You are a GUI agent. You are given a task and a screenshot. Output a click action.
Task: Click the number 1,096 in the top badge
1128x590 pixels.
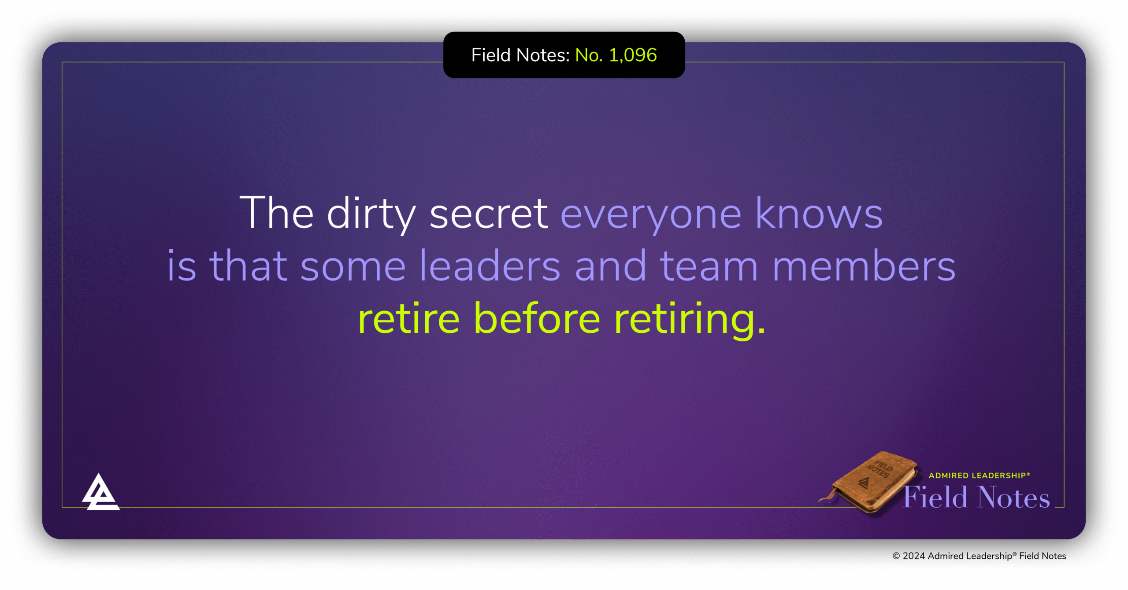(633, 55)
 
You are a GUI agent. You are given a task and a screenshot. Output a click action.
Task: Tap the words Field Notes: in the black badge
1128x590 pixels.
(520, 55)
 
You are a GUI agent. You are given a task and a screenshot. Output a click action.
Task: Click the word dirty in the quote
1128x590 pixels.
(371, 214)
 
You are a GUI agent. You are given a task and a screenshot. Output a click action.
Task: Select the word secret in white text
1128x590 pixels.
(488, 214)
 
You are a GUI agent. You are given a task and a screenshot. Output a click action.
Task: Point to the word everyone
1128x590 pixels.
(651, 214)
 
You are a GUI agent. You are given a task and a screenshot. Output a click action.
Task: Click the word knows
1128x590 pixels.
(819, 214)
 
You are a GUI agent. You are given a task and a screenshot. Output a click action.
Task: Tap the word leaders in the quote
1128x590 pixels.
(490, 266)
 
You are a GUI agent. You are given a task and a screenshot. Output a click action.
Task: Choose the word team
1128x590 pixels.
(709, 266)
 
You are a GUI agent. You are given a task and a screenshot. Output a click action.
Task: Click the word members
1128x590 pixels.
(864, 266)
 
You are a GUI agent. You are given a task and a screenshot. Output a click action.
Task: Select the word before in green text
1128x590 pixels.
(537, 319)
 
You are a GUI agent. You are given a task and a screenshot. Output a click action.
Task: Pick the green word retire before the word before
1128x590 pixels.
(408, 319)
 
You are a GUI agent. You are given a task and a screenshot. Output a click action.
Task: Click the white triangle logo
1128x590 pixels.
(100, 493)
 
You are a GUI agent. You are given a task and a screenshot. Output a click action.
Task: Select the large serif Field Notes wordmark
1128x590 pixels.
(976, 498)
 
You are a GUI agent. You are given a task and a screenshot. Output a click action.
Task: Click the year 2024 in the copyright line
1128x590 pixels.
(913, 556)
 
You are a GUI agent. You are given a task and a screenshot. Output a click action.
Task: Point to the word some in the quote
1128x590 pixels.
(352, 266)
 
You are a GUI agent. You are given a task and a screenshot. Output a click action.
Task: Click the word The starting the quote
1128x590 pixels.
(276, 214)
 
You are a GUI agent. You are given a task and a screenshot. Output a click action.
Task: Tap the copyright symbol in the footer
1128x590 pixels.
(896, 556)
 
